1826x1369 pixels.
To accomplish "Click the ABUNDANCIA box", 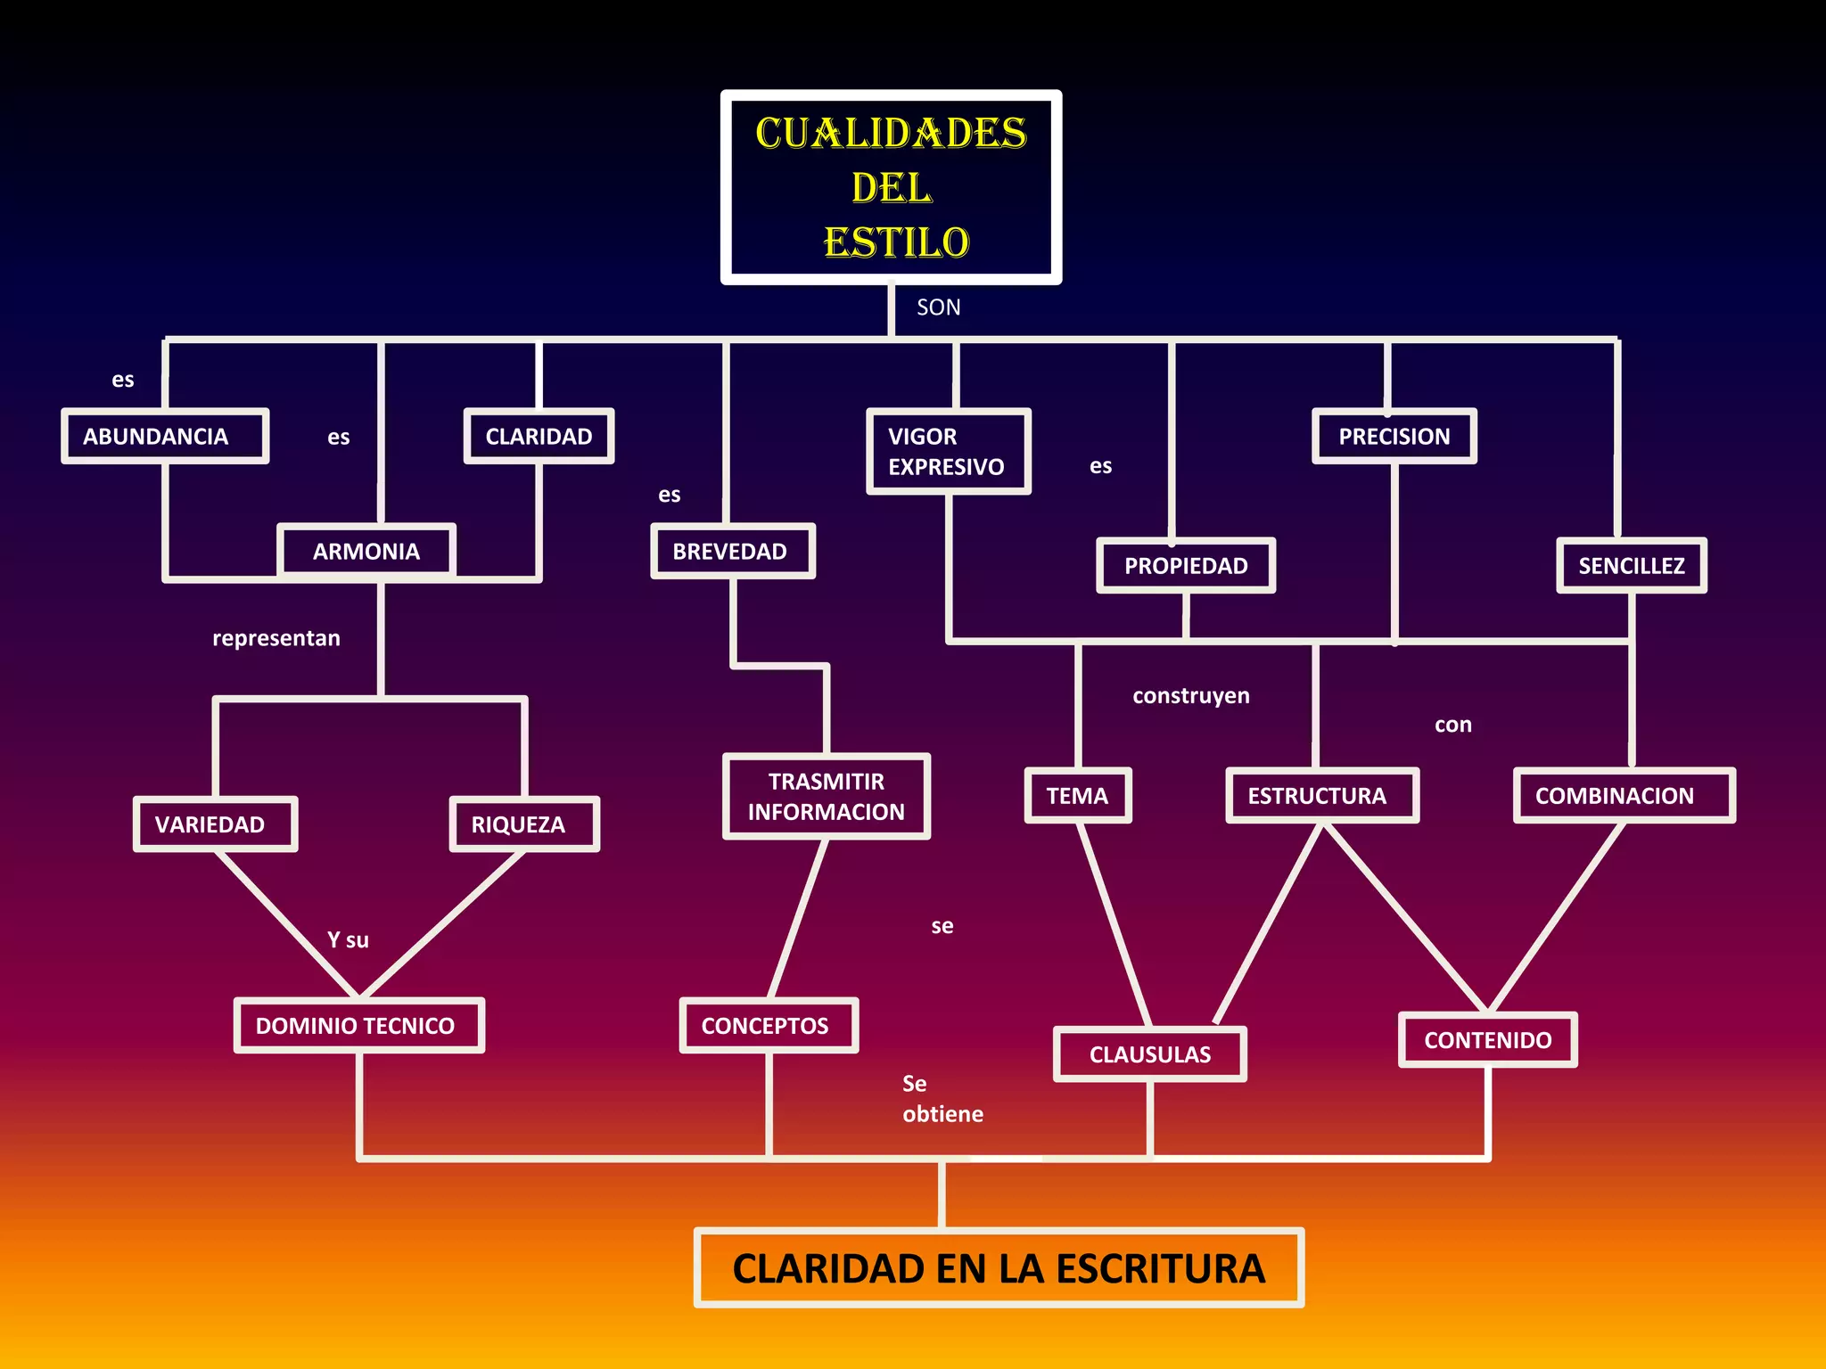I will pyautogui.click(x=165, y=437).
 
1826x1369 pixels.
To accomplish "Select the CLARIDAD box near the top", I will pyautogui.click(x=539, y=437).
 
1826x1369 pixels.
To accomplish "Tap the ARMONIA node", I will pyautogui.click(x=366, y=552).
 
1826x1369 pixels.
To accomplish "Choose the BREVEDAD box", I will pyautogui.click(x=732, y=552).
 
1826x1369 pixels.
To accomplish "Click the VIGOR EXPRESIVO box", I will pyautogui.click(x=948, y=452).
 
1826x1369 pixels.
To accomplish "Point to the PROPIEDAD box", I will pyautogui.click(x=1186, y=566).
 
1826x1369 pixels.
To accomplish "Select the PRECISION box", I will pyautogui.click(x=1394, y=437).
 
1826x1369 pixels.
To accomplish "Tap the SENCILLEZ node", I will pyautogui.click(x=1632, y=566).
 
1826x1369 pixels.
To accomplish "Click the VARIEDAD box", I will pyautogui.click(x=214, y=824).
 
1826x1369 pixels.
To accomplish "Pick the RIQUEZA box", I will pyautogui.click(x=523, y=824).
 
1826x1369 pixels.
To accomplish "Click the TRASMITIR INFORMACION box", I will pyautogui.click(x=827, y=797).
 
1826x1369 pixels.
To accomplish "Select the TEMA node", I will pyautogui.click(x=1078, y=796).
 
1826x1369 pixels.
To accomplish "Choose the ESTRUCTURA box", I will pyautogui.click(x=1321, y=796).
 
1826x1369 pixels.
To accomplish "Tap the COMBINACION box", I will pyautogui.click(x=1624, y=796).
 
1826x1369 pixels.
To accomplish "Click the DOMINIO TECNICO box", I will pyautogui.click(x=358, y=1026).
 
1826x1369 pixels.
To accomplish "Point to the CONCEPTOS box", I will pyautogui.click(x=768, y=1026).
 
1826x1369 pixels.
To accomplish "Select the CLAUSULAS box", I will pyautogui.click(x=1150, y=1054).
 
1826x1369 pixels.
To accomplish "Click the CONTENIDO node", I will pyautogui.click(x=1488, y=1040).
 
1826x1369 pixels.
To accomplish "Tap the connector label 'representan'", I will pyautogui.click(x=276, y=638).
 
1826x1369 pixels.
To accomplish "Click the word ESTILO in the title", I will pyautogui.click(x=896, y=242).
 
